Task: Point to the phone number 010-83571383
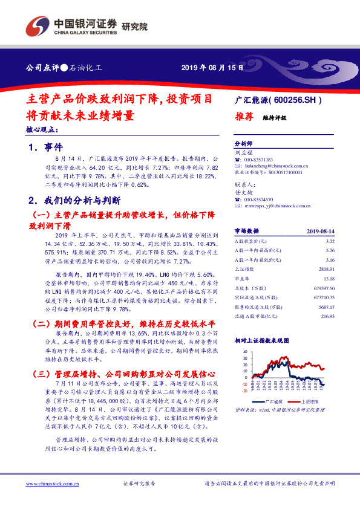(260, 158)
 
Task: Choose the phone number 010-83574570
(260, 199)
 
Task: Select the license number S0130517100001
(281, 172)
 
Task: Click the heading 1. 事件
(45, 147)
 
